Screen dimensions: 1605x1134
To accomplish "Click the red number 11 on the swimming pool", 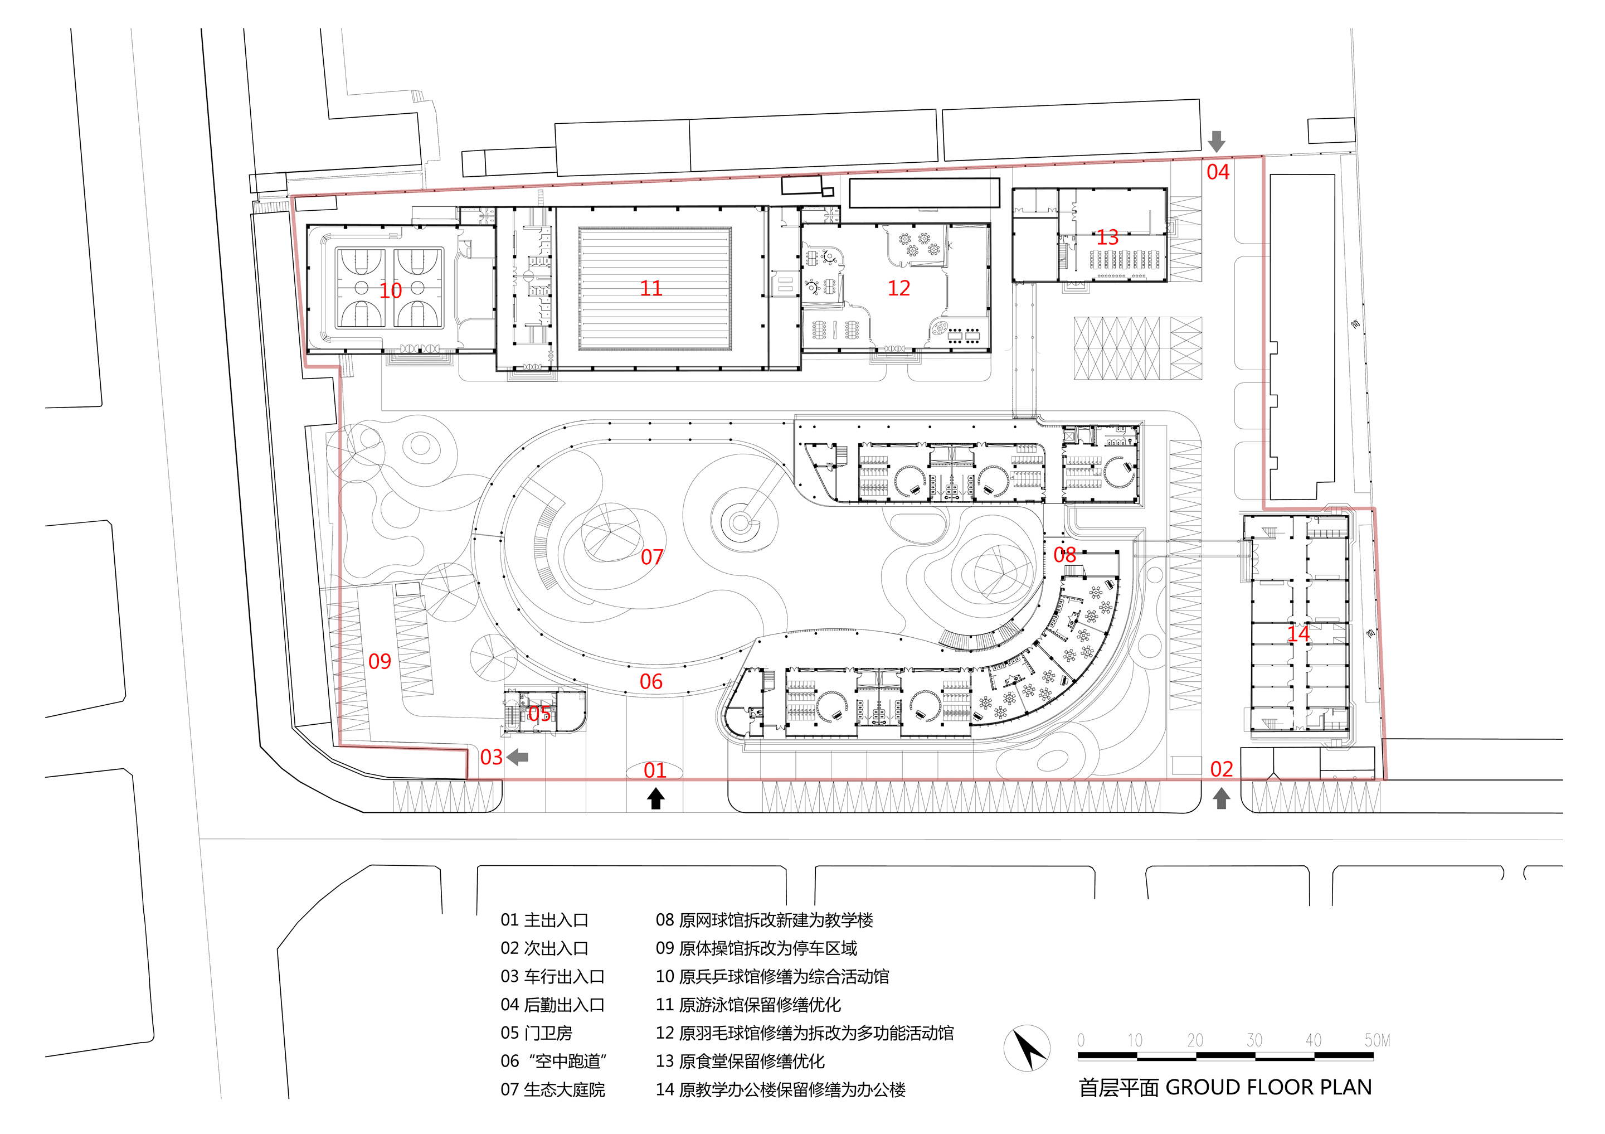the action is tap(651, 288).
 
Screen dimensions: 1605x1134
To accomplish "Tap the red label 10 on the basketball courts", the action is tap(391, 290).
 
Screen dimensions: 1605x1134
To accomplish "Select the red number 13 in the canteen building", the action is tap(1107, 238).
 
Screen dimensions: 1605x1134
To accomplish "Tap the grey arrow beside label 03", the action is tap(517, 757).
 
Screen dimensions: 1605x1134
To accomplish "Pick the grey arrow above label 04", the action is tap(1217, 141).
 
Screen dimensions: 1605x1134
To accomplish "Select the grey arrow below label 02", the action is tap(1221, 798).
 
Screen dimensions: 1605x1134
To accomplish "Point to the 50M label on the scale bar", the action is tap(1377, 1040).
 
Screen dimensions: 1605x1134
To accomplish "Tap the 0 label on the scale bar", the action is tap(1081, 1040).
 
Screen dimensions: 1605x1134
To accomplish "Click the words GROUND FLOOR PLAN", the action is tap(1269, 1088).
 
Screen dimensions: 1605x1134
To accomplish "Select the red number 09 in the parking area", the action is tap(380, 661).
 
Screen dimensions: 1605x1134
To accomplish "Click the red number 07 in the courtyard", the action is tap(651, 557).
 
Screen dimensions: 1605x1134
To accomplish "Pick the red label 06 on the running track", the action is tap(651, 682).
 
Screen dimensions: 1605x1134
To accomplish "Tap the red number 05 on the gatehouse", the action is tap(538, 714).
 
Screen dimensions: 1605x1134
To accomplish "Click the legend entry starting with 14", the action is tap(780, 1090).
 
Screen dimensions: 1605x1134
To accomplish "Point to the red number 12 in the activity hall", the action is tap(898, 288).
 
